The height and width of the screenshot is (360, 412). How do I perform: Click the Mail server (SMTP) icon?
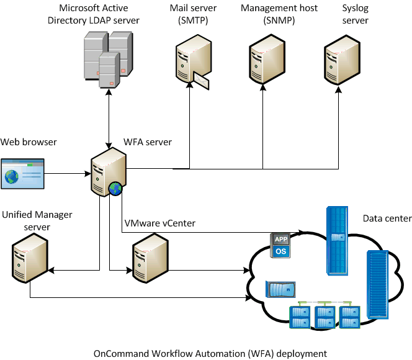(x=190, y=62)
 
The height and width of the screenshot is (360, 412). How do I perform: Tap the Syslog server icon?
(x=341, y=62)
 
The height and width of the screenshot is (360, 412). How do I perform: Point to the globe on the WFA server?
(x=115, y=189)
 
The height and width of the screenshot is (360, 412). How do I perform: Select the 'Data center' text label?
(x=387, y=218)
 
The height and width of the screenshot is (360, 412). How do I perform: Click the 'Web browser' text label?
(x=29, y=142)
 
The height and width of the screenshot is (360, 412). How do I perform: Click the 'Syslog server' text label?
(x=355, y=14)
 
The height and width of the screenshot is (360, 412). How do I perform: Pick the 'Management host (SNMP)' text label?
(x=279, y=14)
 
